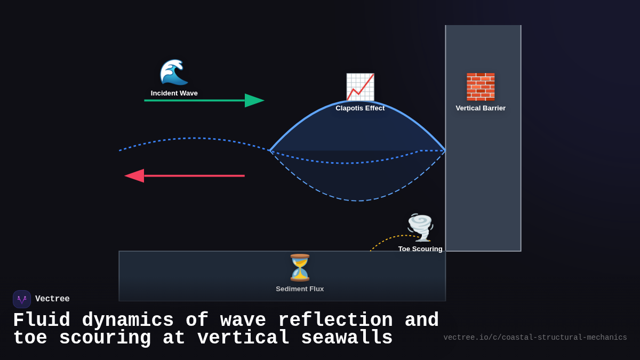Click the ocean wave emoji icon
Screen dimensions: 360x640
[x=174, y=73]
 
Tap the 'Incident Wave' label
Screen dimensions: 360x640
[x=174, y=93]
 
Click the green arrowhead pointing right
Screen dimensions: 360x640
[x=254, y=100]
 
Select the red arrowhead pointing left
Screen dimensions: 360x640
[x=134, y=175]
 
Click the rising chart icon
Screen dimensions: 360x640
[x=360, y=87]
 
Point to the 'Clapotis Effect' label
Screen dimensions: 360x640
[x=360, y=108]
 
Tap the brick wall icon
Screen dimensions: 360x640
[x=481, y=87]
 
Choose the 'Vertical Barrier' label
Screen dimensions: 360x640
[x=481, y=108]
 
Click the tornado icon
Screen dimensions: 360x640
[x=420, y=227]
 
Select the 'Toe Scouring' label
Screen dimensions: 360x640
[x=420, y=249]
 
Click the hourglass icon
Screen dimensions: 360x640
[x=300, y=268]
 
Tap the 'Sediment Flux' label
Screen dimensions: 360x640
[x=300, y=289]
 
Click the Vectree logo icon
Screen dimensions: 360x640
[x=22, y=299]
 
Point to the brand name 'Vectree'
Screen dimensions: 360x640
[x=52, y=299]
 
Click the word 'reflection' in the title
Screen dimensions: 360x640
[x=335, y=321]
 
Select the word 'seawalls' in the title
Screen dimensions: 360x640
[x=347, y=338]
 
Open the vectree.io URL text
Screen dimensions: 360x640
[x=535, y=338]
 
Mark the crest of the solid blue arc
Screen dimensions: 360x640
[x=358, y=101]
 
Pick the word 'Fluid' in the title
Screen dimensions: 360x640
[x=41, y=321]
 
